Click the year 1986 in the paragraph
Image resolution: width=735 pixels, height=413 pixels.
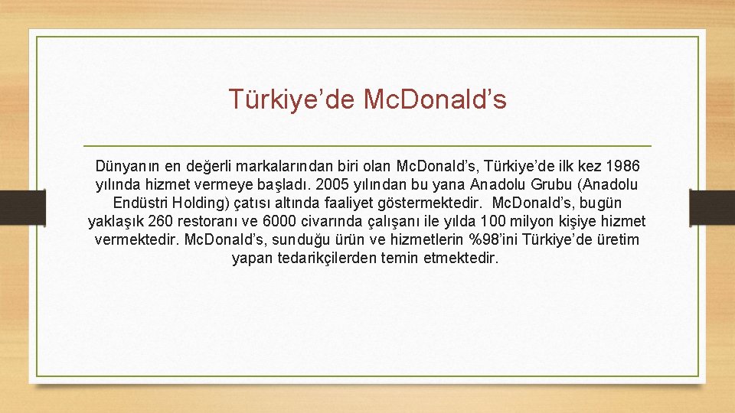tap(623, 166)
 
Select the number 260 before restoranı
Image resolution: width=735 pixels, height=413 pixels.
tap(160, 222)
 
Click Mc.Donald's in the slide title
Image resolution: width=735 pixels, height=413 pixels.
tap(435, 99)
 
